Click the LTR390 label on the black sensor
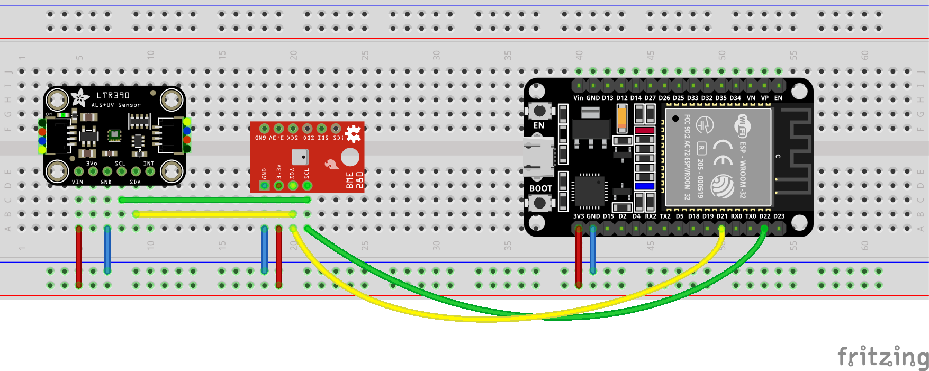pyautogui.click(x=113, y=95)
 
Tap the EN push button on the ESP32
pyautogui.click(x=539, y=111)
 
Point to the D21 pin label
pyautogui.click(x=722, y=216)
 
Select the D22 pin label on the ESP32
pyautogui.click(x=765, y=216)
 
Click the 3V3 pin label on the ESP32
pyautogui.click(x=579, y=216)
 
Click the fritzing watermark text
pyautogui.click(x=882, y=357)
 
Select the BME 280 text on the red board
pyautogui.click(x=354, y=180)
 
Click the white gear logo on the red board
pyautogui.click(x=353, y=133)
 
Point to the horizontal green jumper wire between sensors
pyautogui.click(x=214, y=200)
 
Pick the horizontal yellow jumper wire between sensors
pyautogui.click(x=214, y=214)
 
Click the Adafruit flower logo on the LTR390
pyautogui.click(x=80, y=97)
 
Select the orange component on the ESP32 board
pyautogui.click(x=622, y=117)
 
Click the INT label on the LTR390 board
pyautogui.click(x=149, y=164)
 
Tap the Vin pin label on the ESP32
pyautogui.click(x=578, y=98)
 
